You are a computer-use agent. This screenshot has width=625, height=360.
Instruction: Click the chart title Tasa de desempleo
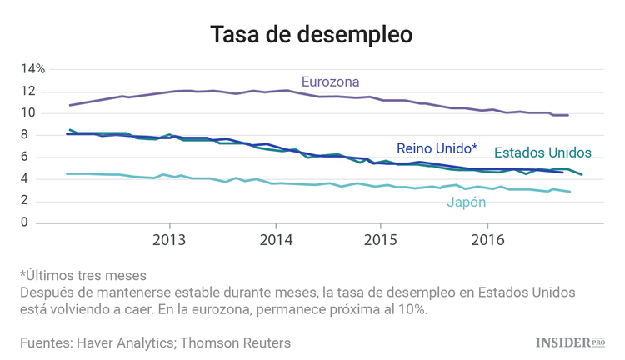(x=312, y=34)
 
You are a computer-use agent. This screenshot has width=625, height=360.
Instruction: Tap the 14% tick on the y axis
(x=33, y=69)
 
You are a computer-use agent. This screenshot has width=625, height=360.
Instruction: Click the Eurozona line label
(x=330, y=82)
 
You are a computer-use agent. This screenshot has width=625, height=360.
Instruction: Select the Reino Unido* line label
(x=437, y=147)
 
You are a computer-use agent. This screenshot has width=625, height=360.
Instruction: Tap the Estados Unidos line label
(x=542, y=152)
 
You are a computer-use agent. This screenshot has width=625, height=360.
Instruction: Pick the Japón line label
(x=467, y=202)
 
